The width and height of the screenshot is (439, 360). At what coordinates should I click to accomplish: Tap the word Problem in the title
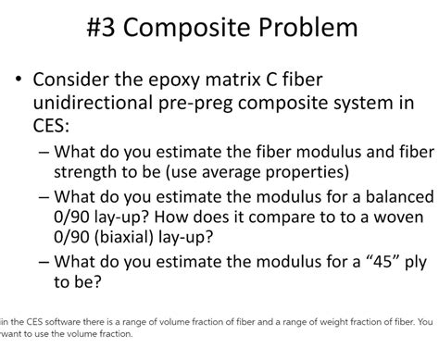pos(306,27)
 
